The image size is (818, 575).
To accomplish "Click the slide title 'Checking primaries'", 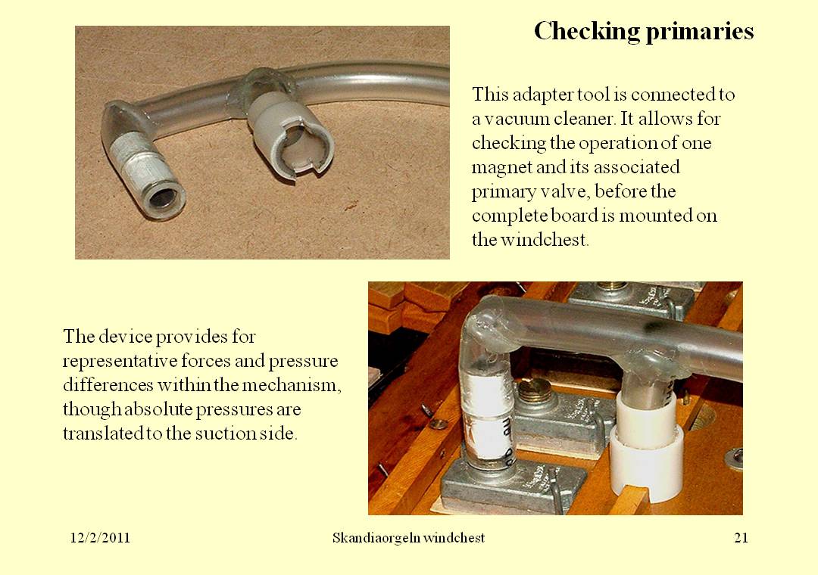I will (x=644, y=31).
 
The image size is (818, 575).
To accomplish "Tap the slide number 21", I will (x=741, y=538).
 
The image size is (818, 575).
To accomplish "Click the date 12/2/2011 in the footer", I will (x=100, y=538).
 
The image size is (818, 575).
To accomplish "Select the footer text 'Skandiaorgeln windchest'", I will (x=408, y=538).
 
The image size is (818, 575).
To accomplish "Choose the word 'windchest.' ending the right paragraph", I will (x=545, y=240).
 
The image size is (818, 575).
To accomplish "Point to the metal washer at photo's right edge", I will (x=734, y=457).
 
